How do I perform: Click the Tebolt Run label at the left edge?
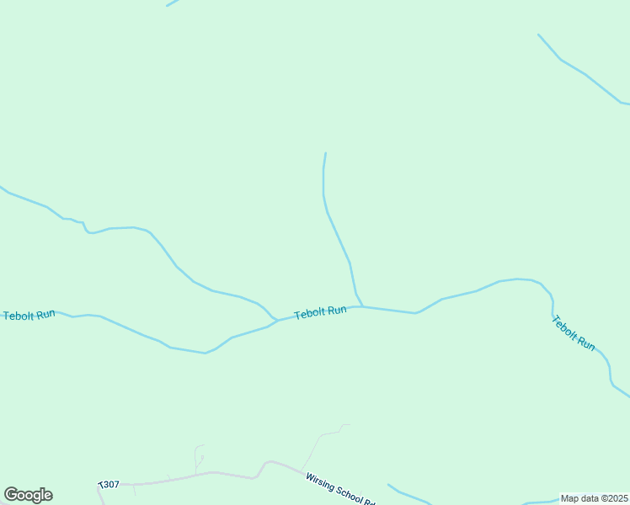tap(29, 315)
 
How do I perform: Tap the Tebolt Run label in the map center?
tap(320, 312)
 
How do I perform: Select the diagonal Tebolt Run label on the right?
tap(574, 333)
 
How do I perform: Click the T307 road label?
tap(109, 485)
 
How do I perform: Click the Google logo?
tap(28, 495)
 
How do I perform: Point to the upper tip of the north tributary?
tap(325, 153)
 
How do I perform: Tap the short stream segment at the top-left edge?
tap(173, 3)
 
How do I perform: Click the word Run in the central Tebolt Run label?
tap(336, 311)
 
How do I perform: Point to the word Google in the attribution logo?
tap(28, 495)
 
